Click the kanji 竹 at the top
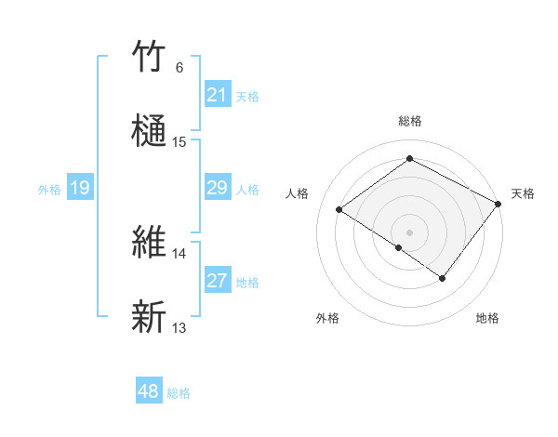[x=150, y=59]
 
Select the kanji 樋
[x=150, y=129]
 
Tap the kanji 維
[x=150, y=241]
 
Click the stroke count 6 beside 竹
[x=179, y=68]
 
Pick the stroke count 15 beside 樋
[x=179, y=142]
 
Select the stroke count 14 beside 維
[x=179, y=253]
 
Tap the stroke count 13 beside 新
[x=179, y=327]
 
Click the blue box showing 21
[x=217, y=95]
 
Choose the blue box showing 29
[x=217, y=189]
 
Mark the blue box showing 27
[x=217, y=281]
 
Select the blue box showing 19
[x=80, y=189]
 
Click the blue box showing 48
[x=149, y=392]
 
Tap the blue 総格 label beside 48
[x=179, y=393]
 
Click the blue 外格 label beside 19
[x=49, y=190]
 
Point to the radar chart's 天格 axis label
[x=523, y=193]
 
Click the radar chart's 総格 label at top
[x=409, y=121]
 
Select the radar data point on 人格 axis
[x=339, y=209]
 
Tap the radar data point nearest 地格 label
[x=443, y=278]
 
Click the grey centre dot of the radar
[x=409, y=232]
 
